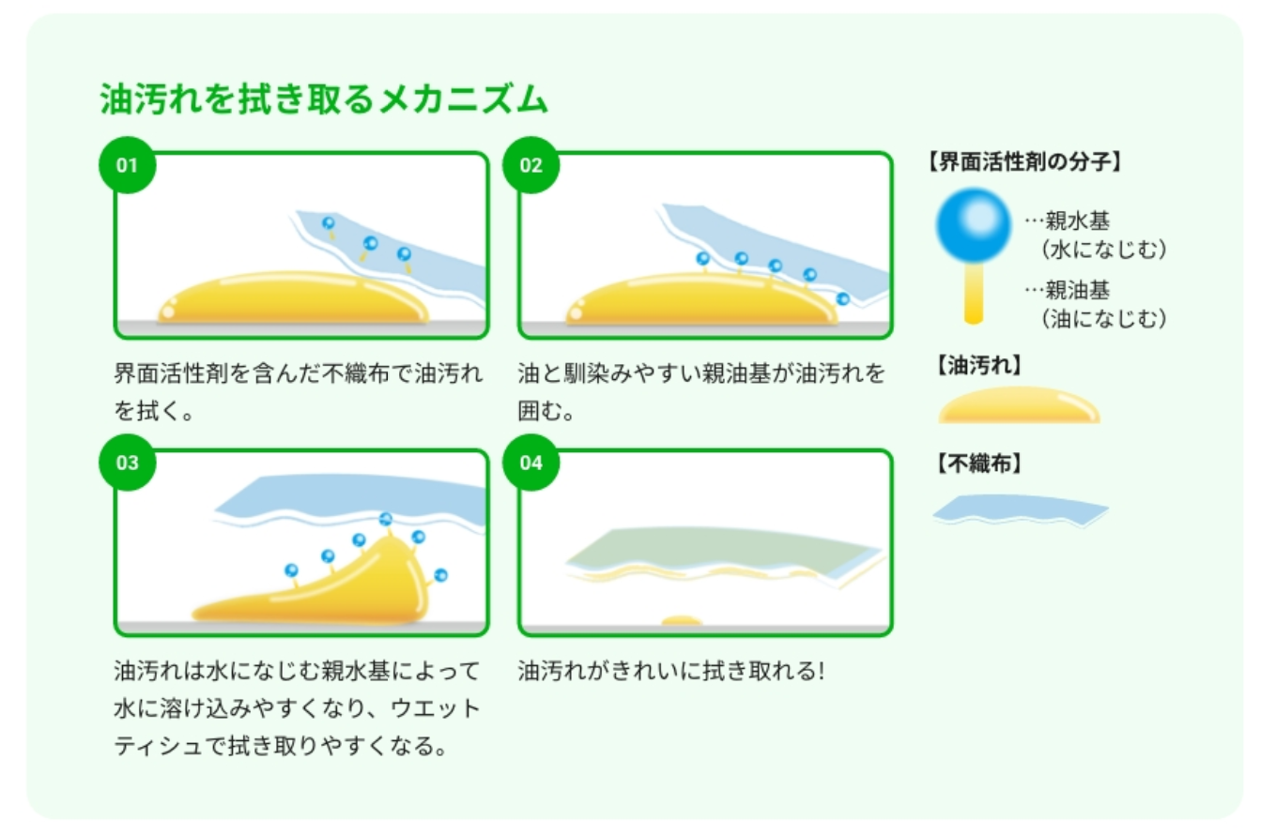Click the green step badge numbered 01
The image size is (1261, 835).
pos(127,166)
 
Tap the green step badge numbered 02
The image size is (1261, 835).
pos(531,166)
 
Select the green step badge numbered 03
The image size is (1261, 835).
pos(127,463)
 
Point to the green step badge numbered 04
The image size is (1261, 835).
pos(531,463)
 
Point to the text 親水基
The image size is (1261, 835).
pos(1078,221)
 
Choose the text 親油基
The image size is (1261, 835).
pos(1078,291)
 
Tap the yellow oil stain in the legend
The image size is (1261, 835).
pos(1019,406)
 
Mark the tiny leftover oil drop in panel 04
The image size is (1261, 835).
pos(682,620)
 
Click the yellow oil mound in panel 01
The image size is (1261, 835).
pos(291,299)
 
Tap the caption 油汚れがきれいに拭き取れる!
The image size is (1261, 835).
pos(670,672)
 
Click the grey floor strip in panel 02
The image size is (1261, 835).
pos(704,329)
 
